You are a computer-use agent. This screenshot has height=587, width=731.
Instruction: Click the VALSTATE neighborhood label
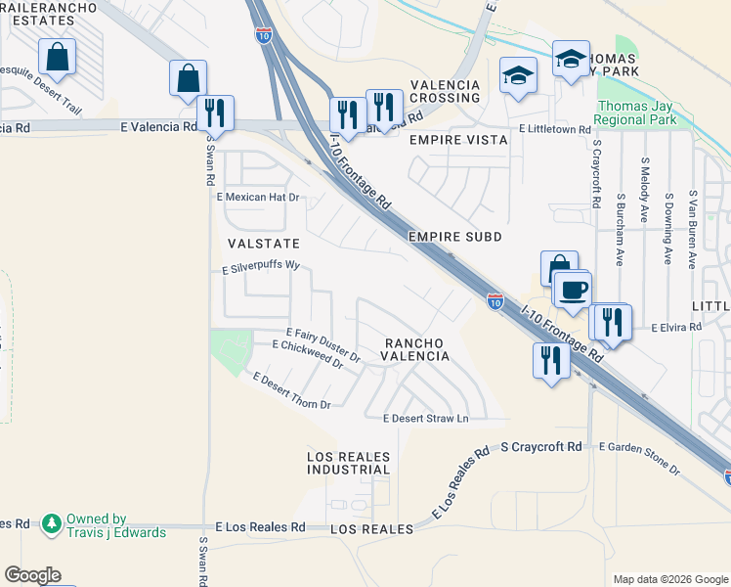tap(263, 242)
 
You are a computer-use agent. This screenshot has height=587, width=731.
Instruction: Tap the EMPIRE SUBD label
tap(454, 237)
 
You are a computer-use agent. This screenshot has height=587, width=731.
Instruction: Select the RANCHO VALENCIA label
tap(415, 349)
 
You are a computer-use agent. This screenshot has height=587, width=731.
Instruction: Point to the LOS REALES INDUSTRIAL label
tap(348, 463)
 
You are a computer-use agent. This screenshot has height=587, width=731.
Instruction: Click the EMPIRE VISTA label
tap(458, 140)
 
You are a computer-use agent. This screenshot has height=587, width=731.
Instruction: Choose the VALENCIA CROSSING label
tap(445, 91)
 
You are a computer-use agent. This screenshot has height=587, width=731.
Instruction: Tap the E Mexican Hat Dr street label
tap(257, 198)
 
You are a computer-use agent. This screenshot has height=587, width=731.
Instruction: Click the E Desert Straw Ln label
tap(426, 419)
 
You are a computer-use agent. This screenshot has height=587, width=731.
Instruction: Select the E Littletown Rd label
tap(555, 129)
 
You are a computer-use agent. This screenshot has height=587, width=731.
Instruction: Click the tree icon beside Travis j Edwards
tap(50, 525)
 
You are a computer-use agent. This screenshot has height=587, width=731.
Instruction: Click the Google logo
tap(32, 575)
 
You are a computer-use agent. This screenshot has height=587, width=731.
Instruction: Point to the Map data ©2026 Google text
tap(669, 579)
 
